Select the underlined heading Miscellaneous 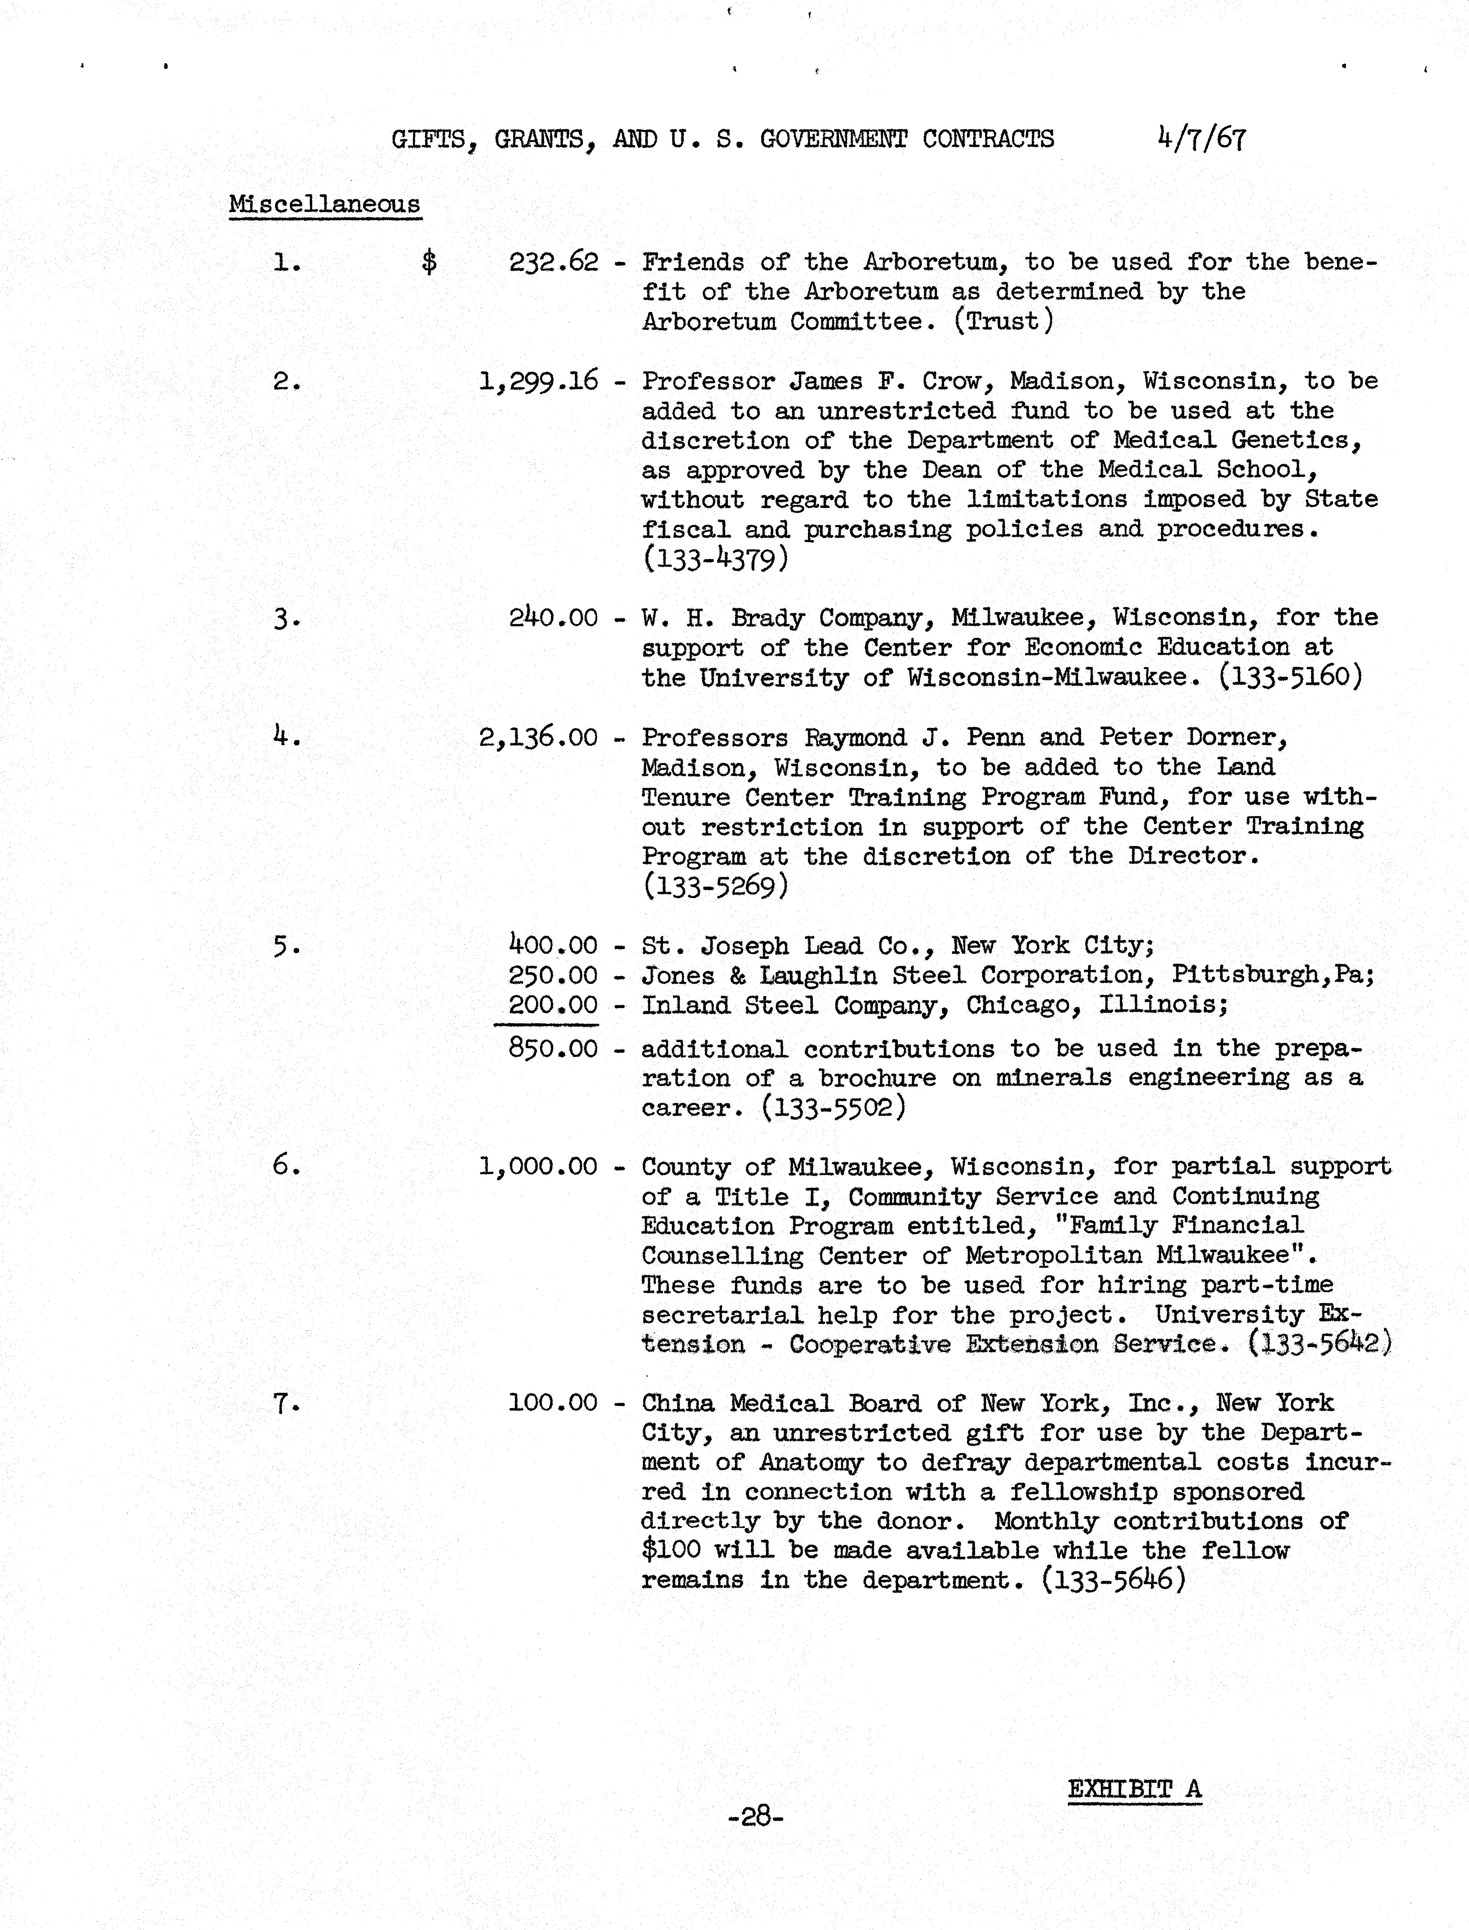tap(324, 204)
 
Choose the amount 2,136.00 tap(539, 737)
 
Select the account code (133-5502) tap(833, 1108)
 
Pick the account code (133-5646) tap(1114, 1580)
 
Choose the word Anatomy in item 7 tap(811, 1462)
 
